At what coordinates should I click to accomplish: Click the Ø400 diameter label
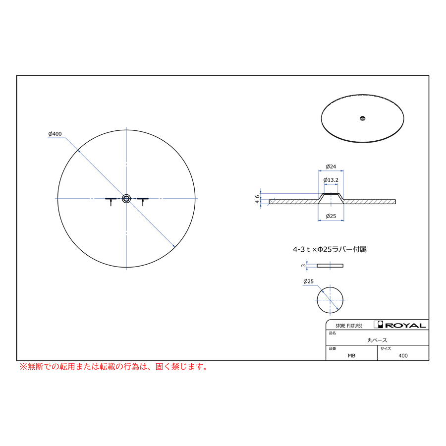(55, 134)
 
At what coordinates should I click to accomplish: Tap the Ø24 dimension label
(331, 167)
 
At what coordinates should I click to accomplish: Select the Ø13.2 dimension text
(331, 180)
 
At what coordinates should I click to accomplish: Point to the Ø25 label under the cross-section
(331, 216)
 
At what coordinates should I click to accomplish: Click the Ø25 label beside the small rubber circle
(308, 281)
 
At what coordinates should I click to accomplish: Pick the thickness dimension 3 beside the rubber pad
(303, 266)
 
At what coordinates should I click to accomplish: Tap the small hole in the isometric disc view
(362, 118)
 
